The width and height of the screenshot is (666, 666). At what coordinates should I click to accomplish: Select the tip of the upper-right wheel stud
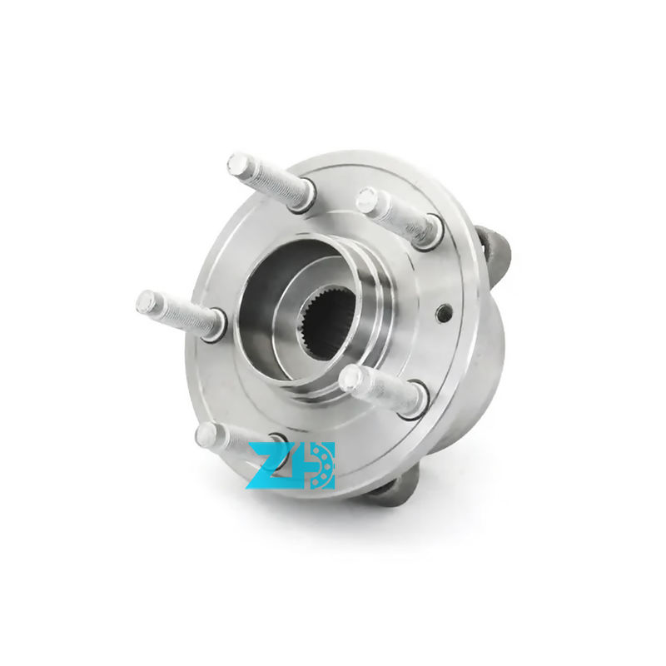pos(367,200)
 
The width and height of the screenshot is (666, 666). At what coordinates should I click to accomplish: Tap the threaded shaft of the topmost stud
pos(271,178)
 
